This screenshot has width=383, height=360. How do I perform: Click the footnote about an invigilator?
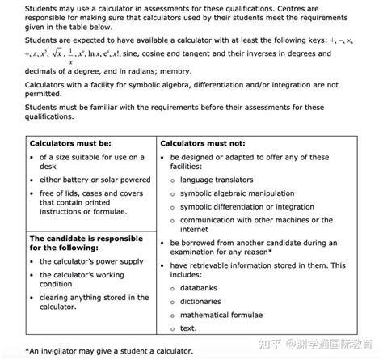109,350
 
